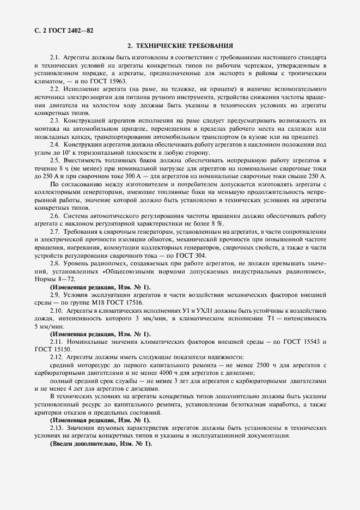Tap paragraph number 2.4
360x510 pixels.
(x=55, y=144)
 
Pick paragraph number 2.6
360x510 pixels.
(x=55, y=216)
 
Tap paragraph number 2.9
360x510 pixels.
(x=55, y=295)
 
